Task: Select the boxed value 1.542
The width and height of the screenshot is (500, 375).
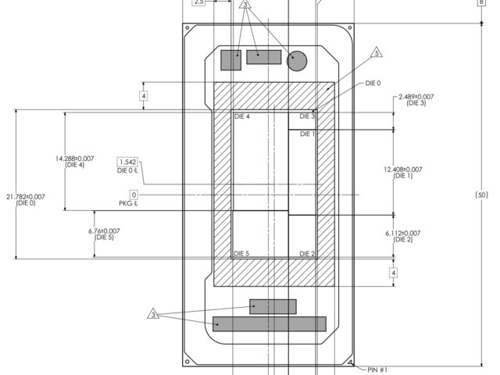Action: (x=128, y=162)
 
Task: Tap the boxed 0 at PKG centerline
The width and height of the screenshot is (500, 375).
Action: (x=134, y=195)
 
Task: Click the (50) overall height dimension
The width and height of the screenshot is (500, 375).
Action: (x=481, y=195)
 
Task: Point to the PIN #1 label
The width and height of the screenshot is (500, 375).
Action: (x=377, y=370)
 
